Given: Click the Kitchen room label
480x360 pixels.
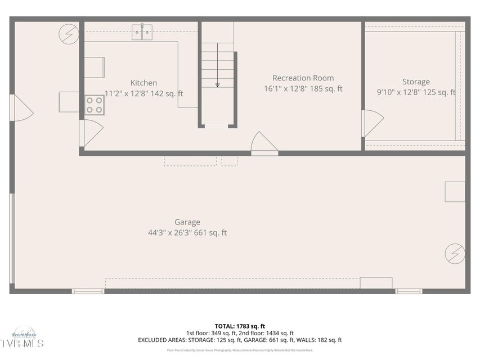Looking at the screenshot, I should (143, 83).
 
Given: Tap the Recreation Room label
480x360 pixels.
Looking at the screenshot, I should (303, 78).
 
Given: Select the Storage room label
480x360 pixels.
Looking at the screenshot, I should (415, 82).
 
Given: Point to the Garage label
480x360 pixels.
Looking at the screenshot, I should (187, 222).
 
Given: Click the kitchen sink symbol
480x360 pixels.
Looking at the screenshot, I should (142, 33).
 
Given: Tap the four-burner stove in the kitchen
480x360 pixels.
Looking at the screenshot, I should (95, 105).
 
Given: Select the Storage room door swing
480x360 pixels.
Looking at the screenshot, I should (373, 123).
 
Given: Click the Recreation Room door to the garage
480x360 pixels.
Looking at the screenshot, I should (263, 144).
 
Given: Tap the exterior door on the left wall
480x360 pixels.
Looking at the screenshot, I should (21, 108).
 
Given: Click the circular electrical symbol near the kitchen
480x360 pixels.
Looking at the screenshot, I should (69, 35).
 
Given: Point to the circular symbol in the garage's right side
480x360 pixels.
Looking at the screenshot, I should (455, 254).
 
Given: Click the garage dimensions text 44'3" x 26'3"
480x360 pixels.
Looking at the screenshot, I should (187, 233).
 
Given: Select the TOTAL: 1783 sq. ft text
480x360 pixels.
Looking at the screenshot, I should (240, 326).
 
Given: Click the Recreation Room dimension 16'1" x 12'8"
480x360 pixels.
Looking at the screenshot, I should (303, 89).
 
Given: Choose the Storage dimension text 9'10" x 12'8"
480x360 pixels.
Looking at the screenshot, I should (415, 92).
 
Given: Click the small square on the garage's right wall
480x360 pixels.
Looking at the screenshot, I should (455, 192).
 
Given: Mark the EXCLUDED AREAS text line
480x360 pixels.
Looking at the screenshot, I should (240, 340).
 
